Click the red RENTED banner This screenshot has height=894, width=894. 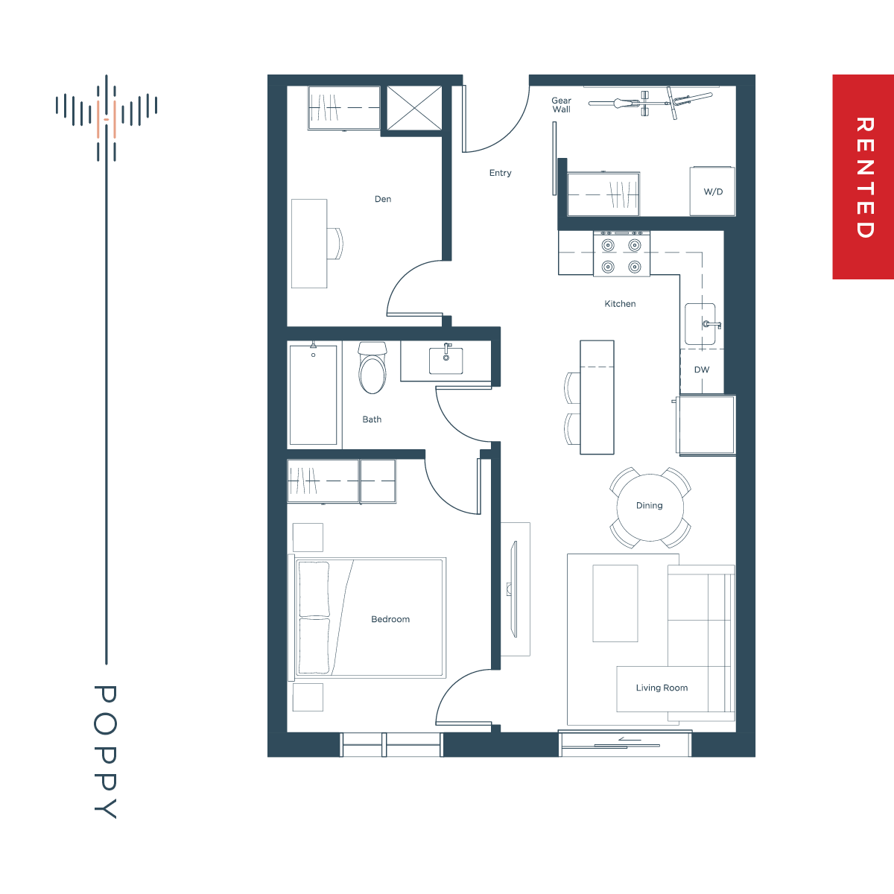pos(863,177)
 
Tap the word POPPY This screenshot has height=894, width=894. pos(105,752)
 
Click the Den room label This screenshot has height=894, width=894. pos(383,199)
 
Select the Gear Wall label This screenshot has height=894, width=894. pos(562,105)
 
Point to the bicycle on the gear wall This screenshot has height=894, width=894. pos(650,103)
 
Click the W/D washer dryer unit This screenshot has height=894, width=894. pos(712,191)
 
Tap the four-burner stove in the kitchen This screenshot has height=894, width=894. pos(621,254)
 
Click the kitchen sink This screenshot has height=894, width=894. pos(700,324)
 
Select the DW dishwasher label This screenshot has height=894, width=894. pos(702,370)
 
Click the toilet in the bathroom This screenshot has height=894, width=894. pos(372,368)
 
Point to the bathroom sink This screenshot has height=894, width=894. pos(446,361)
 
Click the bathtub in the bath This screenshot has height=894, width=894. pos(313,395)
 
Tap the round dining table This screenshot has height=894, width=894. pos(650,507)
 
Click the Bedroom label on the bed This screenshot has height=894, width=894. pos(390,619)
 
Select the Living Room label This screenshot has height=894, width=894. pos(662,688)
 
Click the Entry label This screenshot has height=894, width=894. pos(500,173)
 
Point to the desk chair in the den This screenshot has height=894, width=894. pos(335,244)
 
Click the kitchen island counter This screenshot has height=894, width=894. pos(597,397)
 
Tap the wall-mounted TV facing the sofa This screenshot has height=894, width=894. pos(513,589)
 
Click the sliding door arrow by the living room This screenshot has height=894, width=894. pos(630,739)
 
